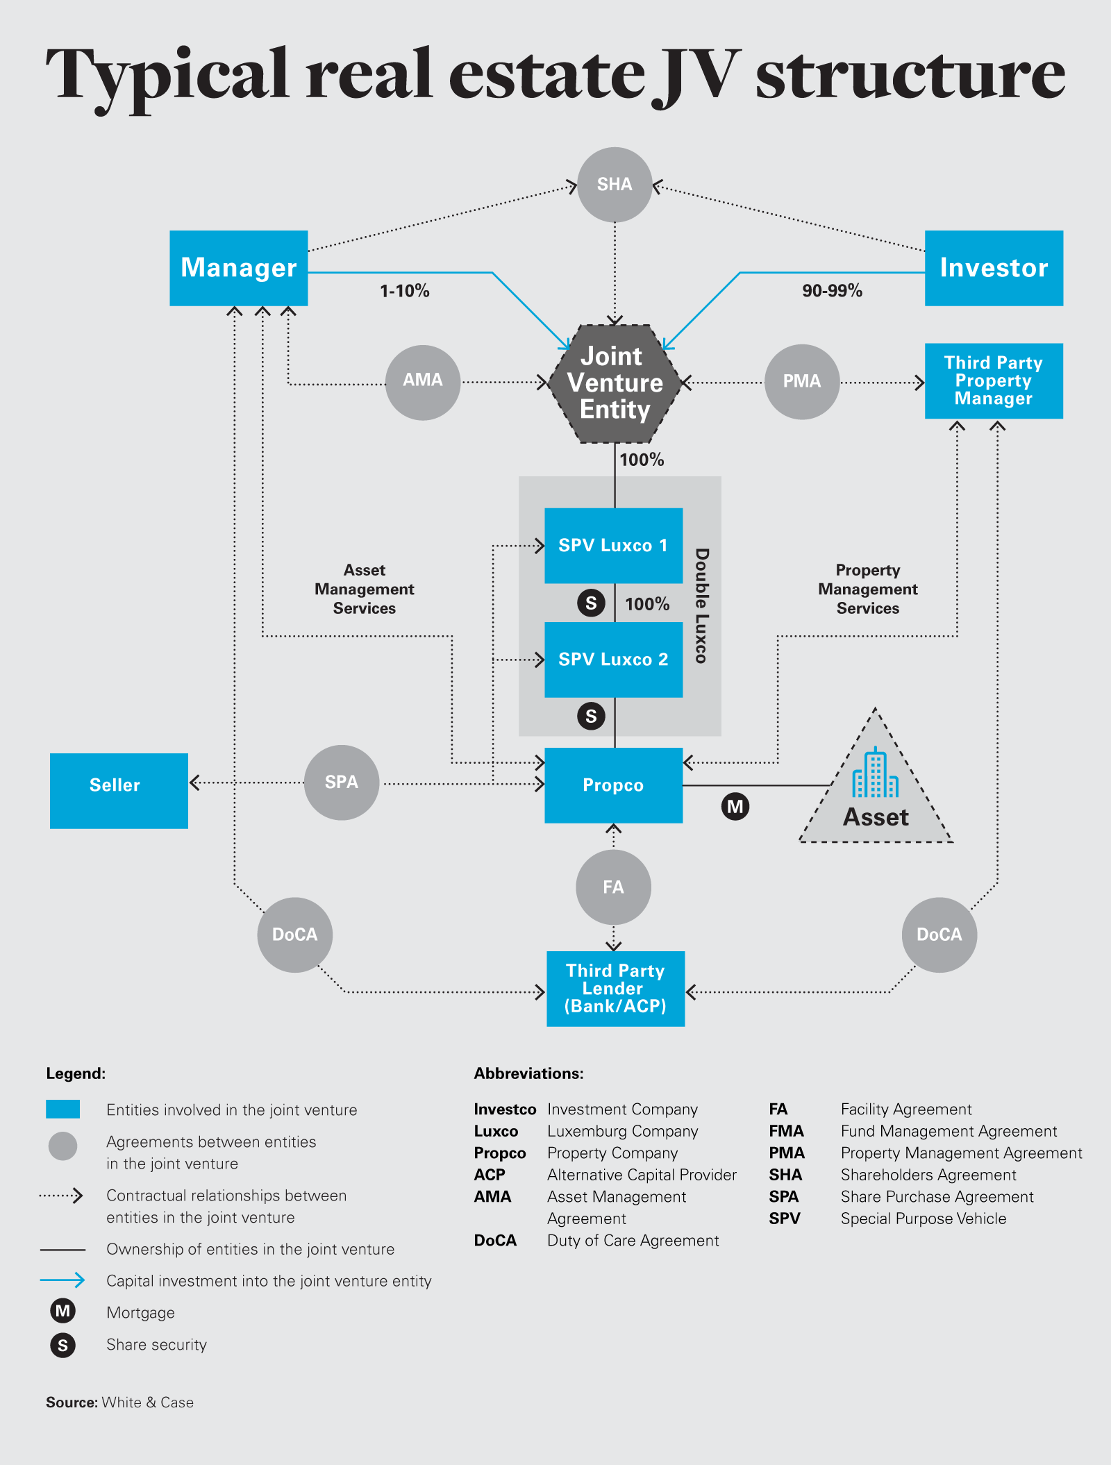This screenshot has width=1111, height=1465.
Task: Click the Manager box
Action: click(x=238, y=268)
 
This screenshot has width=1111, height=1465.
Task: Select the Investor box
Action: click(x=994, y=268)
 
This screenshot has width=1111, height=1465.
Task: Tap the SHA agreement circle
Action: click(x=615, y=185)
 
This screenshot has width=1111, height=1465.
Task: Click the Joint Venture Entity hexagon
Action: click(x=615, y=383)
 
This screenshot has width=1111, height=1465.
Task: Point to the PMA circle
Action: click(x=802, y=382)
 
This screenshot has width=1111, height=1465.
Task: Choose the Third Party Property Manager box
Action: click(x=994, y=380)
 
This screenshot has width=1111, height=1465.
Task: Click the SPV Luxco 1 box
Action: click(x=613, y=546)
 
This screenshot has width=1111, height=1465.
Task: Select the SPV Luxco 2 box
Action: click(x=613, y=660)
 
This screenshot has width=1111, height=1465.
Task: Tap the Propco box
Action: click(x=613, y=785)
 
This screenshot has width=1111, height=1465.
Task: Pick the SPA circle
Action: click(x=342, y=782)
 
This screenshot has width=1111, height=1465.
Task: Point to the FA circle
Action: click(x=613, y=887)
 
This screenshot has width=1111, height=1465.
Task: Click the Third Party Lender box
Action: click(x=615, y=989)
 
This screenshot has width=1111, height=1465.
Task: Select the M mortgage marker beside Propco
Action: click(x=735, y=807)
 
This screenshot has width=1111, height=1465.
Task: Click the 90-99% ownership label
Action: click(x=832, y=291)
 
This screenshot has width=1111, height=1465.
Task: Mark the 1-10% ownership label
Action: click(x=404, y=291)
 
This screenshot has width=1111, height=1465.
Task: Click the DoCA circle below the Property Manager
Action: click(x=939, y=935)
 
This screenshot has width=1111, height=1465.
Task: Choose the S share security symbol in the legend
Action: click(x=62, y=1346)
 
